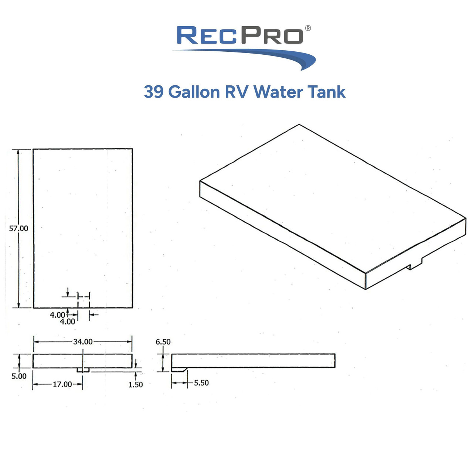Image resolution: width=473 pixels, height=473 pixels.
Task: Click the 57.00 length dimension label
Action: click(18, 228)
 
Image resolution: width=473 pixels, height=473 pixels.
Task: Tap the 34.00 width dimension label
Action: click(83, 342)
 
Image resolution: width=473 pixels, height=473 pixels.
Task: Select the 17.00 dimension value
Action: click(62, 384)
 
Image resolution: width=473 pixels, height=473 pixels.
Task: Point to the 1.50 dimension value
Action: click(136, 384)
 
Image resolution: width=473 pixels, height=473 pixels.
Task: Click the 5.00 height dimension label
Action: click(19, 376)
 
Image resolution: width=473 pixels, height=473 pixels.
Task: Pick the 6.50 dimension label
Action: click(163, 342)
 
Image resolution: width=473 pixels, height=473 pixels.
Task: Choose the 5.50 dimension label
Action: click(201, 383)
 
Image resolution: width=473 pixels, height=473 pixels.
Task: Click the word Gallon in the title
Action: click(194, 92)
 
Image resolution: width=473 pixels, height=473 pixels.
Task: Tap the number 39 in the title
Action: click(154, 92)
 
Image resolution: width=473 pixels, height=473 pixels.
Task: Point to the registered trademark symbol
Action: click(308, 28)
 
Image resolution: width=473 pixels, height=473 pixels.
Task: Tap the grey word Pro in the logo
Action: click(272, 35)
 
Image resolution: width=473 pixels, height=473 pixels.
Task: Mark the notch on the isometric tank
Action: click(414, 264)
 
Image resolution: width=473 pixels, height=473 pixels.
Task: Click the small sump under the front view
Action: click(83, 370)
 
